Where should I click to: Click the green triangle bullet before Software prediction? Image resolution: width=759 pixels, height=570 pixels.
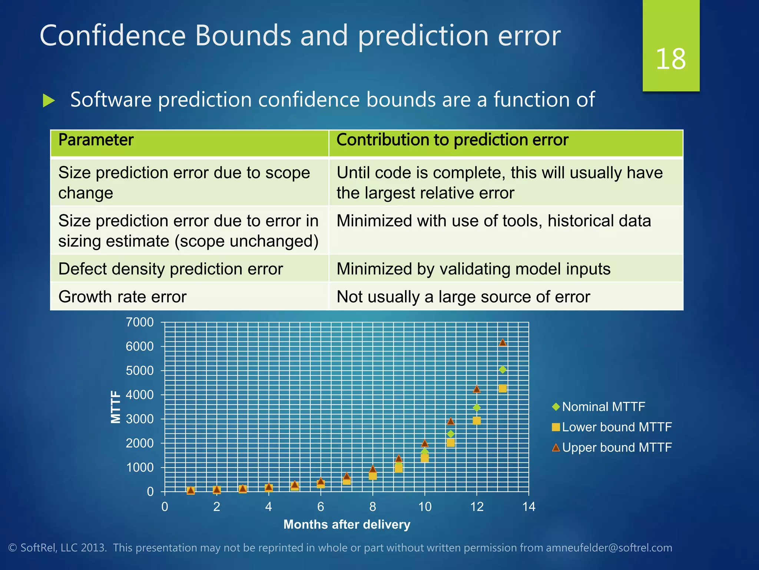point(49,101)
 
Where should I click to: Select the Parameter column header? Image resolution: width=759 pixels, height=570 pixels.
point(96,140)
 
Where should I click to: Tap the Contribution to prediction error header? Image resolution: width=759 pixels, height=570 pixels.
point(452,140)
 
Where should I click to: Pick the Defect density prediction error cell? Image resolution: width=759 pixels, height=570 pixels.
point(170,269)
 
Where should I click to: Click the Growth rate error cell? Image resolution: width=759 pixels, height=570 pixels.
point(122,297)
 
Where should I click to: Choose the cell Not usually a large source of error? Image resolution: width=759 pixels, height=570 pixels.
point(463,297)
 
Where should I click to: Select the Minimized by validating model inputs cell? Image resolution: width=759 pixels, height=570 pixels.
point(473,269)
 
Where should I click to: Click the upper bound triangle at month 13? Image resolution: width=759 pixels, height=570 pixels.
point(503,343)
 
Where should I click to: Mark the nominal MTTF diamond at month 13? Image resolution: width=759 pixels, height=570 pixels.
point(503,370)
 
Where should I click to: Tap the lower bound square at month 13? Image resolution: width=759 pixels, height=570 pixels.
point(503,389)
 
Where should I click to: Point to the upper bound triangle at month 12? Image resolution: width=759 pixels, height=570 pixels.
point(477,389)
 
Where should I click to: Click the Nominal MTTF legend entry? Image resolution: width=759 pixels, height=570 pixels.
point(603,407)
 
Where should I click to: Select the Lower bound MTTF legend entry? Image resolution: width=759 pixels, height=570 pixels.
point(616,427)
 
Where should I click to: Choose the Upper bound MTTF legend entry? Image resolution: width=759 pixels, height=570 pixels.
point(616,448)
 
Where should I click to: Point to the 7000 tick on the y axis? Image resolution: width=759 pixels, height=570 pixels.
point(140,322)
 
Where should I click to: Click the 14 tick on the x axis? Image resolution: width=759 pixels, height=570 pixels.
point(528,507)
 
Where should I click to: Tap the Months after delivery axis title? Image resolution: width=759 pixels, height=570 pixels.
point(347,524)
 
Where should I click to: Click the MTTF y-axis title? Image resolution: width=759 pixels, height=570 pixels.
point(116,407)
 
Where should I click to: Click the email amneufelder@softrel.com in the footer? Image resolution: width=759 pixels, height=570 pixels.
point(609,548)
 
